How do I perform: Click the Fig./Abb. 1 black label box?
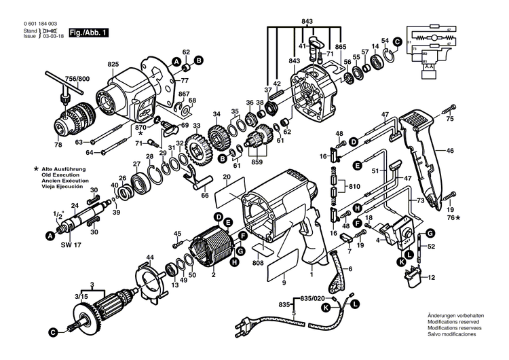coord(90,32)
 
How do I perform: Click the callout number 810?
coord(354,185)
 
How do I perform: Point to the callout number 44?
coord(150,257)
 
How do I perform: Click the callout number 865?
coord(340,46)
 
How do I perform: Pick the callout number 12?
coord(431,278)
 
